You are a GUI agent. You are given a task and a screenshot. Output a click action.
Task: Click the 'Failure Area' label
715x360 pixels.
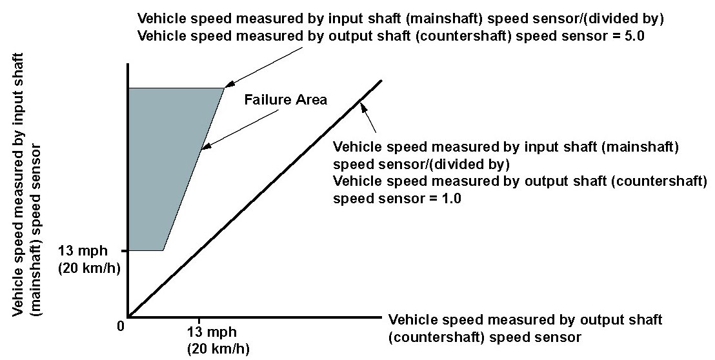[285, 100]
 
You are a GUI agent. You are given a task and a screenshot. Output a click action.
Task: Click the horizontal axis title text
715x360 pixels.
[526, 328]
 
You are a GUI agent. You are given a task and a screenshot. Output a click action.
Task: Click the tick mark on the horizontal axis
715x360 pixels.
[199, 320]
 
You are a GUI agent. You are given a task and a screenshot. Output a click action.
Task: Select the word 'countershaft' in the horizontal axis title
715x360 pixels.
[427, 337]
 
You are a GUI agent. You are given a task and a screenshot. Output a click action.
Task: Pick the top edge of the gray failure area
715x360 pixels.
[174, 88]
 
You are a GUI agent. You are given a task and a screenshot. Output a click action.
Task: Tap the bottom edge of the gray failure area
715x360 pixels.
[146, 250]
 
